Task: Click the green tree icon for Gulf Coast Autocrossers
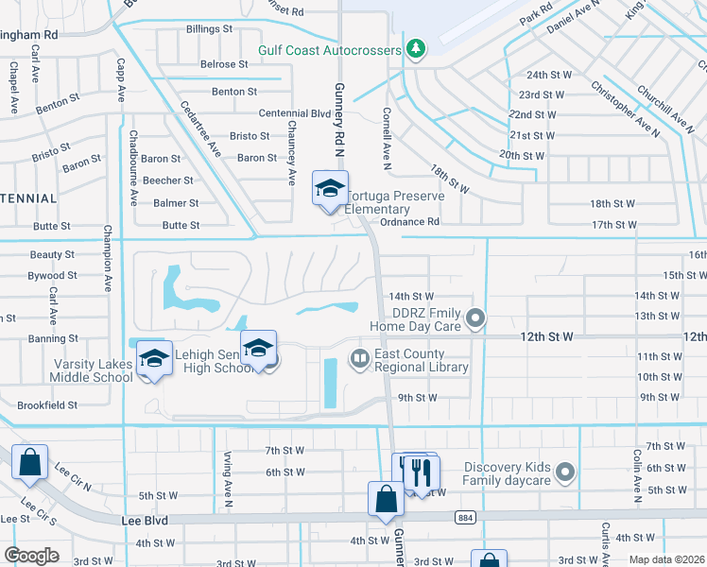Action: [414, 49]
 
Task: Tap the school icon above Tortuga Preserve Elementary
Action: [330, 187]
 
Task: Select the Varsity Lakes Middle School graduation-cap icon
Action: [153, 358]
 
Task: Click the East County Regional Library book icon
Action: [359, 358]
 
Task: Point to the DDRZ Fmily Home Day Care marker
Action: [476, 318]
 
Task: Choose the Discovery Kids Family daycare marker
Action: [565, 471]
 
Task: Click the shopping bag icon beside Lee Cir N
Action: [29, 463]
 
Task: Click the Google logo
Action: [31, 556]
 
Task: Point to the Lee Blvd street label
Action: [144, 519]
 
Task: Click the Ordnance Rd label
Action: [410, 223]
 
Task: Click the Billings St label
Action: [209, 30]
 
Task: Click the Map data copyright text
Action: [667, 559]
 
